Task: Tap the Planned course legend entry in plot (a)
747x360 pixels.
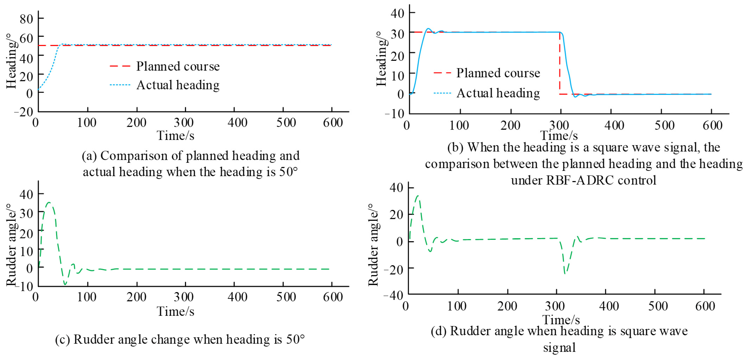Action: coord(177,66)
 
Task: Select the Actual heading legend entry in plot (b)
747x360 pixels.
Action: coord(498,93)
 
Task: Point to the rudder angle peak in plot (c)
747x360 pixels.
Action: coord(49,202)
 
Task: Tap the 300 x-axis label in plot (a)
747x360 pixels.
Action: coord(184,123)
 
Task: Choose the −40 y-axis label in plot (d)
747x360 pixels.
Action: coord(393,296)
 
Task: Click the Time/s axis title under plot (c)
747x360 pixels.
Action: coord(176,311)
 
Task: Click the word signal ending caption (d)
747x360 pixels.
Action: coord(559,348)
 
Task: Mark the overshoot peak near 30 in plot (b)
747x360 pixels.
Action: coord(428,29)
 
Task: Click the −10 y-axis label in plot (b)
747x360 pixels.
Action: coord(394,114)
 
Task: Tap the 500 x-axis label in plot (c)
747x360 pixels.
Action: coord(286,297)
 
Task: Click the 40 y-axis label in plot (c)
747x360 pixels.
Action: coord(26,194)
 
